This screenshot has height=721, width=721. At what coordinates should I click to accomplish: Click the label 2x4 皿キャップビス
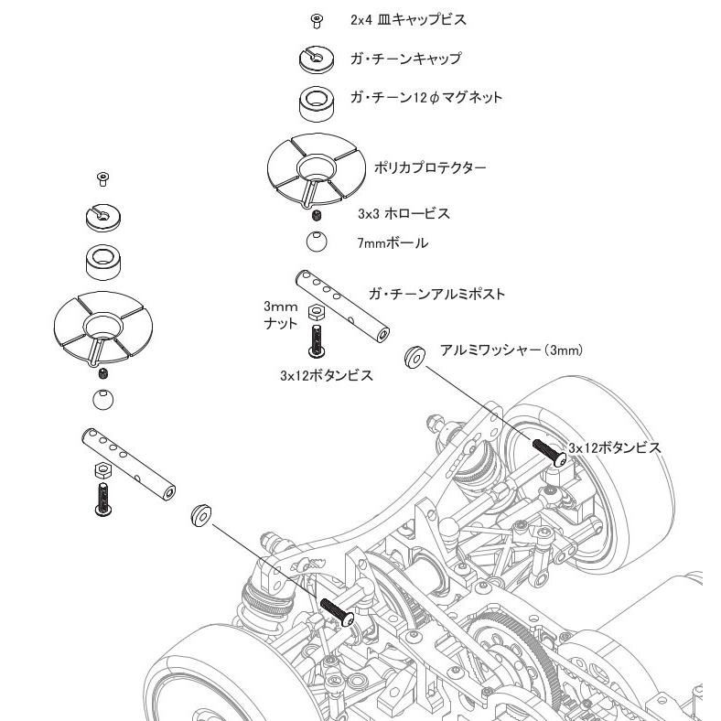408,20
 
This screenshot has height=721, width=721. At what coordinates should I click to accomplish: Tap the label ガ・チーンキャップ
405,59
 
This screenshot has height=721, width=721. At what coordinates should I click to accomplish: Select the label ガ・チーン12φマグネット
426,98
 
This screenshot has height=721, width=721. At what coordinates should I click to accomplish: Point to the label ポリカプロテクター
430,167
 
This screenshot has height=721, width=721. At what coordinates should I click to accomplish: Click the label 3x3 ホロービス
404,214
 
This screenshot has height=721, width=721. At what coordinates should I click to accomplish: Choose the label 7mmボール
393,242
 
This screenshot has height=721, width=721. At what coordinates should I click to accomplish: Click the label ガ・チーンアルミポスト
436,294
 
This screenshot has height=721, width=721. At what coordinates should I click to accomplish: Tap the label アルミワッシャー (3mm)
511,350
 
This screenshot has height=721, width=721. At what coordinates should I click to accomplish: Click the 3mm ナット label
281,315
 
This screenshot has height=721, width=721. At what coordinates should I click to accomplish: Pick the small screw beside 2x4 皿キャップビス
317,20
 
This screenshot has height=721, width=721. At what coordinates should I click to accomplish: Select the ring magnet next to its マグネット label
317,104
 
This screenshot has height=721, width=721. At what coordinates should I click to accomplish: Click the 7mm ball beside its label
317,241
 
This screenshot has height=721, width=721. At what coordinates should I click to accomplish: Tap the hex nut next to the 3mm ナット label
317,312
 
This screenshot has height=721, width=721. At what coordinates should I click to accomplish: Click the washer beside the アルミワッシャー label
414,357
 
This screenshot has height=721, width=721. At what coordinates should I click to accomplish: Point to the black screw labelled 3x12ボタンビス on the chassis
550,453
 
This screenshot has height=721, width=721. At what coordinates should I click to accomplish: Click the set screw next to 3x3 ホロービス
317,214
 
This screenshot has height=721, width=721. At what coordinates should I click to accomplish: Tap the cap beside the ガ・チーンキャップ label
317,59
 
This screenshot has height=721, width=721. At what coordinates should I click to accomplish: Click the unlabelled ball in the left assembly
103,400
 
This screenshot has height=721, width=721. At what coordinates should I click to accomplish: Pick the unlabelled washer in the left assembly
201,515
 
